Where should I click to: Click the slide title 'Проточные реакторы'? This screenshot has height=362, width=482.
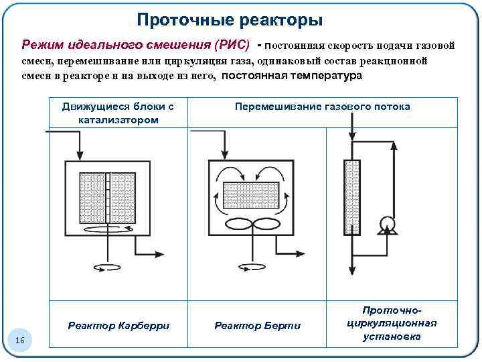[x=230, y=20]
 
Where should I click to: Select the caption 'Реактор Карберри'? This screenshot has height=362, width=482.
[x=118, y=326]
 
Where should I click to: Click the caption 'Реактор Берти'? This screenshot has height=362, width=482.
[x=258, y=326]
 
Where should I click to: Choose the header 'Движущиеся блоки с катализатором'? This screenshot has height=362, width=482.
[x=118, y=113]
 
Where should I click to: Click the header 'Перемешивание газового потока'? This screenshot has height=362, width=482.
[x=321, y=107]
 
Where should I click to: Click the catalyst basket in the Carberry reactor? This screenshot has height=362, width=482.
[x=108, y=198]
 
